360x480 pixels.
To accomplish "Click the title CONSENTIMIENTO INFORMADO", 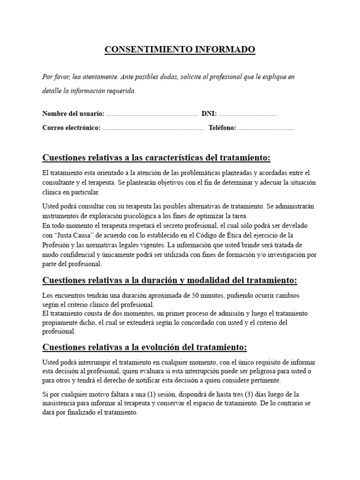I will pyautogui.click(x=180, y=50).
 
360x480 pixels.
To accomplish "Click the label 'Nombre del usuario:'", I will pyautogui.click(x=73, y=113).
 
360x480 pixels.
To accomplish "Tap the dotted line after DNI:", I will pyautogui.click(x=247, y=114).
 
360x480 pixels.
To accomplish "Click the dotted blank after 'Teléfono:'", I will pyautogui.click(x=266, y=128).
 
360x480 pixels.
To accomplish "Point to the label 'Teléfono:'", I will pyautogui.click(x=222, y=127).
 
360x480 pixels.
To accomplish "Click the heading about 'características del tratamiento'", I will pyautogui.click(x=157, y=157).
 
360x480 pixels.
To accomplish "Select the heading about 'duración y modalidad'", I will pyautogui.click(x=170, y=280).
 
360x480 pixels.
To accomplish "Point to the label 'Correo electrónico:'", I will pyautogui.click(x=71, y=127).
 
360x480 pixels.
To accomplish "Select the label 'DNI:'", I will pyautogui.click(x=209, y=113).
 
